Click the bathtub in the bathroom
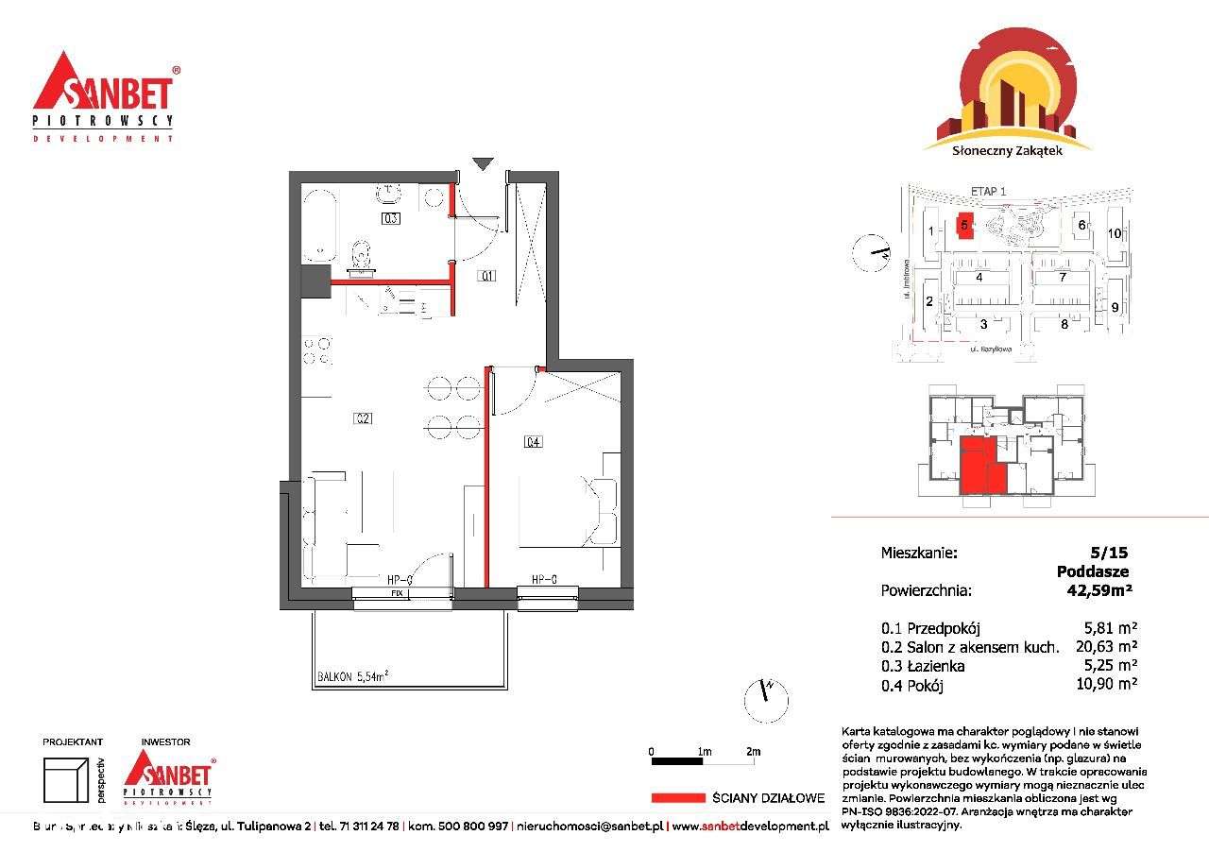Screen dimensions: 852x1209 (319, 225)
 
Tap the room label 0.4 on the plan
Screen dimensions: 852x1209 (533, 441)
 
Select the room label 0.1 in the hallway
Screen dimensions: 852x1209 (486, 277)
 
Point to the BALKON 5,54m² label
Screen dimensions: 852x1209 (352, 676)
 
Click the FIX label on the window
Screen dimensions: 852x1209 (397, 593)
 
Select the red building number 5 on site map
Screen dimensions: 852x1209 (964, 225)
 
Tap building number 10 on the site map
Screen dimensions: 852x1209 (1115, 232)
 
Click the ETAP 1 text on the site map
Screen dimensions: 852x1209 (988, 191)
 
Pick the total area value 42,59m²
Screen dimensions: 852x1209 (1098, 590)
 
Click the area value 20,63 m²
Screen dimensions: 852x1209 (1106, 647)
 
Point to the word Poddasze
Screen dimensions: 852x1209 (1093, 571)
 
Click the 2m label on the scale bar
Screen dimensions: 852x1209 (753, 752)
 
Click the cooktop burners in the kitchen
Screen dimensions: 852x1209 (316, 350)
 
